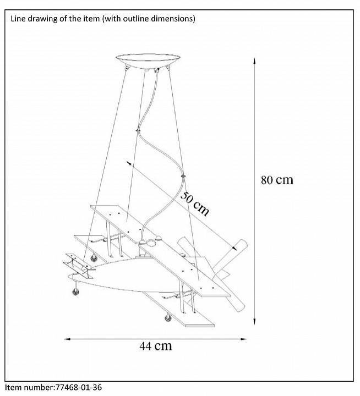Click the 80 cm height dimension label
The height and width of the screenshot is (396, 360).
pyautogui.click(x=277, y=180)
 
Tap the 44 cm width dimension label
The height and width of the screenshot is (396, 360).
pyautogui.click(x=156, y=346)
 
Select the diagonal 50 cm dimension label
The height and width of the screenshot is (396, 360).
pyautogui.click(x=195, y=204)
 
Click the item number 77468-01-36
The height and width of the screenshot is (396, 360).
pyautogui.click(x=78, y=387)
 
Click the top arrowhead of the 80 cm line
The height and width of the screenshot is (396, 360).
pyautogui.click(x=254, y=60)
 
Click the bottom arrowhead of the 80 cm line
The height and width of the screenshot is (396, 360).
pyautogui.click(x=254, y=322)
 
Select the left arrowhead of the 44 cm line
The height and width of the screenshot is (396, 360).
pyautogui.click(x=67, y=339)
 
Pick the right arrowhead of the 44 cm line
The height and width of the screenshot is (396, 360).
pyautogui.click(x=244, y=339)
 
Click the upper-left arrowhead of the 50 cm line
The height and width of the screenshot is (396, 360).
pyautogui.click(x=129, y=162)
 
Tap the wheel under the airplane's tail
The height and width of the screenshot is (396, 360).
pyautogui.click(x=75, y=291)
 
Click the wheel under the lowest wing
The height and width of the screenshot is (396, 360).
pyautogui.click(x=168, y=317)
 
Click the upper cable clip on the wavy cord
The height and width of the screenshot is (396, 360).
pyautogui.click(x=138, y=130)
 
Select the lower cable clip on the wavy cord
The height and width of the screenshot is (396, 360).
pyautogui.click(x=183, y=175)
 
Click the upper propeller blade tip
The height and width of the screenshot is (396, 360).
pyautogui.click(x=243, y=243)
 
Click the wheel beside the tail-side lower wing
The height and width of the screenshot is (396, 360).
pyautogui.click(x=94, y=258)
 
